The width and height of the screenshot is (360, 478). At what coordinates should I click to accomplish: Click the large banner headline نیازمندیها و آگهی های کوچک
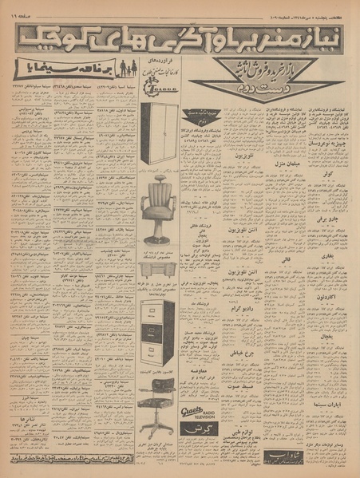click(180, 36)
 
